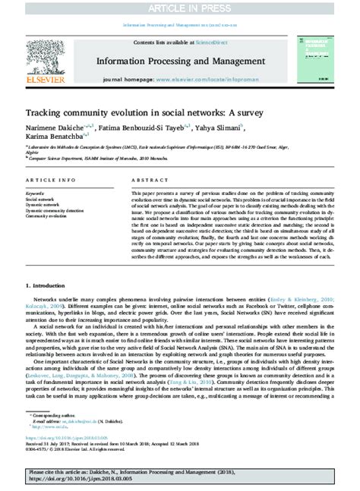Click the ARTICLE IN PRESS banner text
(x=180, y=8)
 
